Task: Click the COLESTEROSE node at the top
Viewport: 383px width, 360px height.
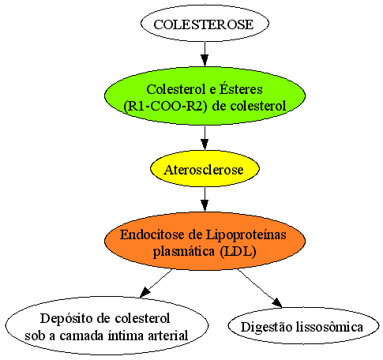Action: [205, 23]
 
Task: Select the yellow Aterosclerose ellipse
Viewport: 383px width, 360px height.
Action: [205, 169]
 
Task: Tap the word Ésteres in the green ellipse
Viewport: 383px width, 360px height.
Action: [241, 88]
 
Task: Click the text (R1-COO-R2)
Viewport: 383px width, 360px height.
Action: [165, 106]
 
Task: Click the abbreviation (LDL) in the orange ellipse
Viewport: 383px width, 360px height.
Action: [238, 251]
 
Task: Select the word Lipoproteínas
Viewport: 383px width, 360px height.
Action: [246, 234]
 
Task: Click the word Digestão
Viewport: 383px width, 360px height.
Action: [266, 328]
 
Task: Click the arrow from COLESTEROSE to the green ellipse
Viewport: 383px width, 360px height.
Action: [205, 54]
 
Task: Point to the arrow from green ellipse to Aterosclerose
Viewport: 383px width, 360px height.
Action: [205, 137]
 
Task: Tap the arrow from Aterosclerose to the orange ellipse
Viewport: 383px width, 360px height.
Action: [205, 199]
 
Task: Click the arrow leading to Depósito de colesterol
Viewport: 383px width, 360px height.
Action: [156, 283]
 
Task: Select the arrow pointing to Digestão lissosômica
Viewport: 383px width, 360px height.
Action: [260, 288]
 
